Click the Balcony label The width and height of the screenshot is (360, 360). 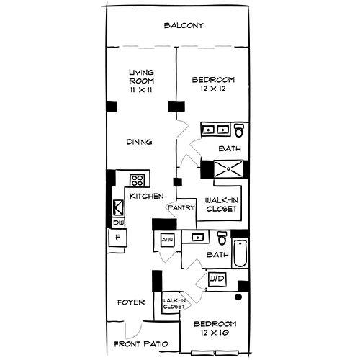184,26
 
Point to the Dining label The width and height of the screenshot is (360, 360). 139,142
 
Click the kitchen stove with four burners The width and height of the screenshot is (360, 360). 137,180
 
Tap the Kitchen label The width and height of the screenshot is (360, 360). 146,196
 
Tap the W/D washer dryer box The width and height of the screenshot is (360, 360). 217,278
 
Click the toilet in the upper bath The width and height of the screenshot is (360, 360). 239,130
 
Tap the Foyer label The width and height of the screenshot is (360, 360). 131,302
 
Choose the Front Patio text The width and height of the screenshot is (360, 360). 141,344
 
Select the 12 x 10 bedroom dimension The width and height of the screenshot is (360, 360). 215,333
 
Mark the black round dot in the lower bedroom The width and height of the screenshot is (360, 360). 239,296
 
